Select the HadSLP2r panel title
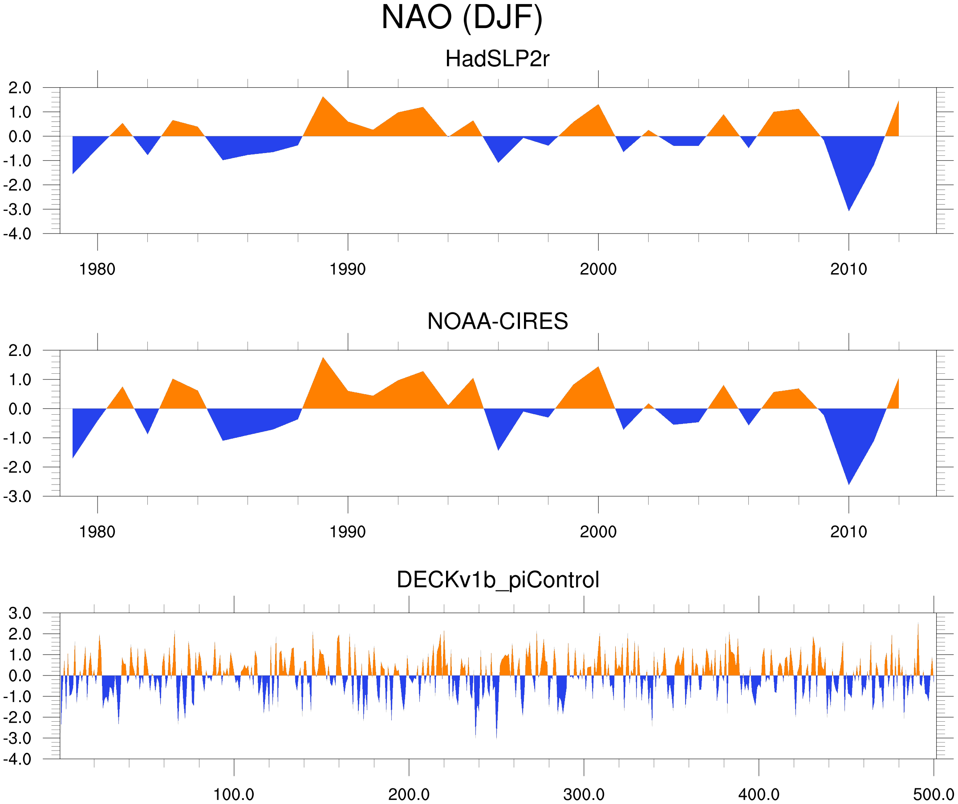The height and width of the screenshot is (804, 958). click(497, 59)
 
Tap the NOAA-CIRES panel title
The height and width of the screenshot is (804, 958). click(497, 322)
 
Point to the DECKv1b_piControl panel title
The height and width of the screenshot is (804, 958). click(498, 580)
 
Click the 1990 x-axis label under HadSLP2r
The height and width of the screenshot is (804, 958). click(348, 270)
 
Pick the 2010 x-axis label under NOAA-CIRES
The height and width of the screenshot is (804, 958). click(848, 532)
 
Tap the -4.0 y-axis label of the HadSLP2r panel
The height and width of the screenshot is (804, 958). click(17, 234)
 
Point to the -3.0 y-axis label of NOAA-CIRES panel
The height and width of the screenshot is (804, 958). click(17, 497)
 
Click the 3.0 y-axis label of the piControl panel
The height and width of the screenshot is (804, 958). click(20, 614)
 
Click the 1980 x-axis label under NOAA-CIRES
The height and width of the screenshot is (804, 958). click(97, 532)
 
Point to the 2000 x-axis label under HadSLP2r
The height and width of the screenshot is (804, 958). click(598, 270)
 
